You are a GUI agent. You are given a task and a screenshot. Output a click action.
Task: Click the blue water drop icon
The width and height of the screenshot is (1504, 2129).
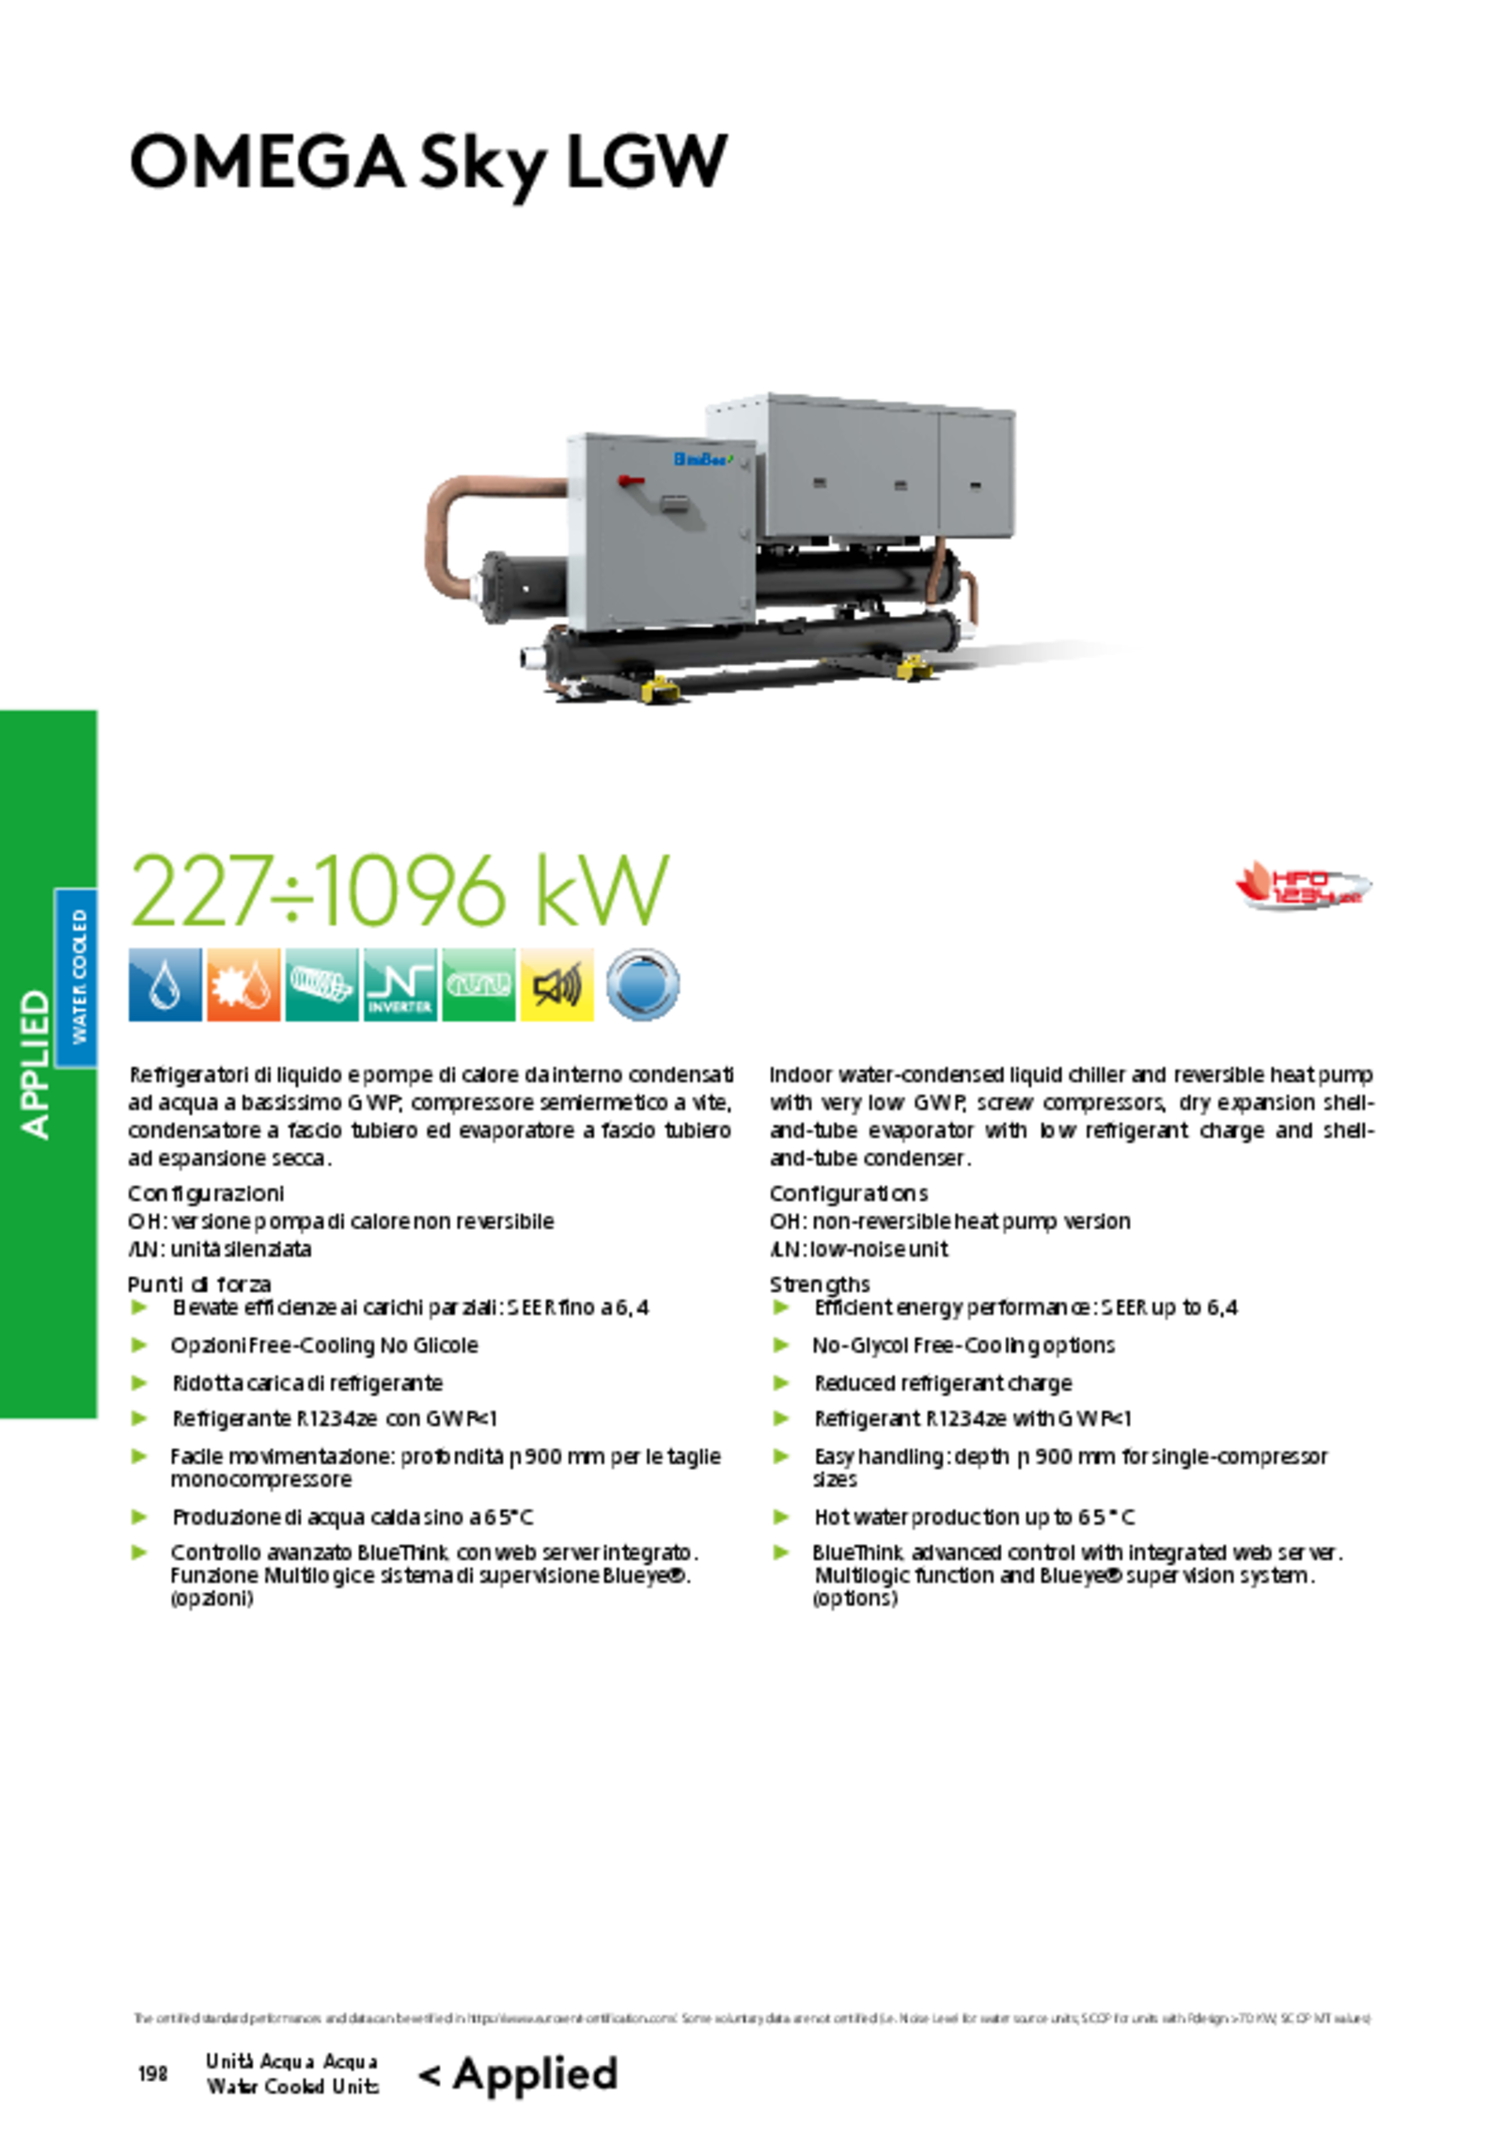164,985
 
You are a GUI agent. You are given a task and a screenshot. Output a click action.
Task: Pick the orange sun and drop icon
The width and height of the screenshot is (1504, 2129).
243,985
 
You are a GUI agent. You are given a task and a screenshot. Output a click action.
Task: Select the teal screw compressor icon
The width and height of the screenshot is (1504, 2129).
321,985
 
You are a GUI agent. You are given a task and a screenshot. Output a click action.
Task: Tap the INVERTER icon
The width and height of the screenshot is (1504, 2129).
399,985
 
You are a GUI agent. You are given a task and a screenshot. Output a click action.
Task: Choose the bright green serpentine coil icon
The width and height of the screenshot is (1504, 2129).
478,985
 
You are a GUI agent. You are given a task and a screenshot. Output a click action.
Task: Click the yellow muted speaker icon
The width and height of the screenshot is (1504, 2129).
557,985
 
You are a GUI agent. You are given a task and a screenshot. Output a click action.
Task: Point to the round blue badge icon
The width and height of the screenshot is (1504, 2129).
642,985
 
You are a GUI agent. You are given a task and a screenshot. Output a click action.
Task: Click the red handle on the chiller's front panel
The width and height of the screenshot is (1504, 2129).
631,481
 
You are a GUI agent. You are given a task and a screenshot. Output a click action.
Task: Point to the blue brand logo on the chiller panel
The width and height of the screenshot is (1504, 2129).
701,460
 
